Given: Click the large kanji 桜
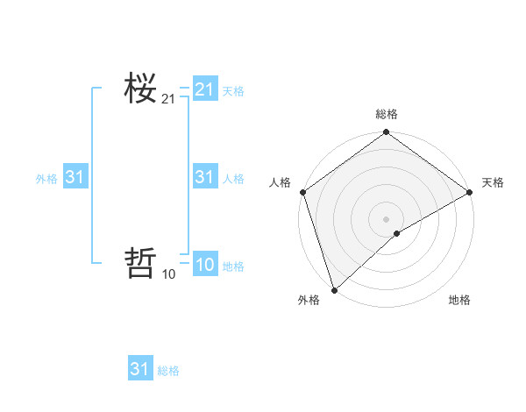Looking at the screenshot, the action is coord(140,88).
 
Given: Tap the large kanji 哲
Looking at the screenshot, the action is coord(140,264).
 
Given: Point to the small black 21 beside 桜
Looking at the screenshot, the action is coord(168,99).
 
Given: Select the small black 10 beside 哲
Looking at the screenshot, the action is coord(168,274).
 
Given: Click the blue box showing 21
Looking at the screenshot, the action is coord(205,89).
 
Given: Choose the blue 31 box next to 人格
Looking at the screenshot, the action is coord(205,177).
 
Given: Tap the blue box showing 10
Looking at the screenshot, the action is coord(205,265).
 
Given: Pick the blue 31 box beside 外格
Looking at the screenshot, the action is coord(75,177).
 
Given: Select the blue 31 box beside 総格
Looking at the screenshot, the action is coord(140,369).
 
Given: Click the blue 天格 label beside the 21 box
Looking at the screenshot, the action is coord(233,90).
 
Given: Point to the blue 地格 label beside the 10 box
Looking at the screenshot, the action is coord(233,266).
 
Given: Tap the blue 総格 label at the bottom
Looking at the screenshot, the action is coord(168,371).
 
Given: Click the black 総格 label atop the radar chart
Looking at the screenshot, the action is coord(386,114).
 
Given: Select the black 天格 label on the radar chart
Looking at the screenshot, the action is coord(493,182).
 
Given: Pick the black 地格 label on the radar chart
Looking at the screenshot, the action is coord(459,300).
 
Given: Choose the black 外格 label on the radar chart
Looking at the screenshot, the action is coord(309,300).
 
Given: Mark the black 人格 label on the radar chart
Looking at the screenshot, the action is coord(280,182).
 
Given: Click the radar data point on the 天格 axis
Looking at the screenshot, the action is coord(470,192).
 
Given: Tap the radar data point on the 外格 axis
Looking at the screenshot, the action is coord(334,290).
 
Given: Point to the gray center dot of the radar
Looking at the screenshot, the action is coord(386,219).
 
